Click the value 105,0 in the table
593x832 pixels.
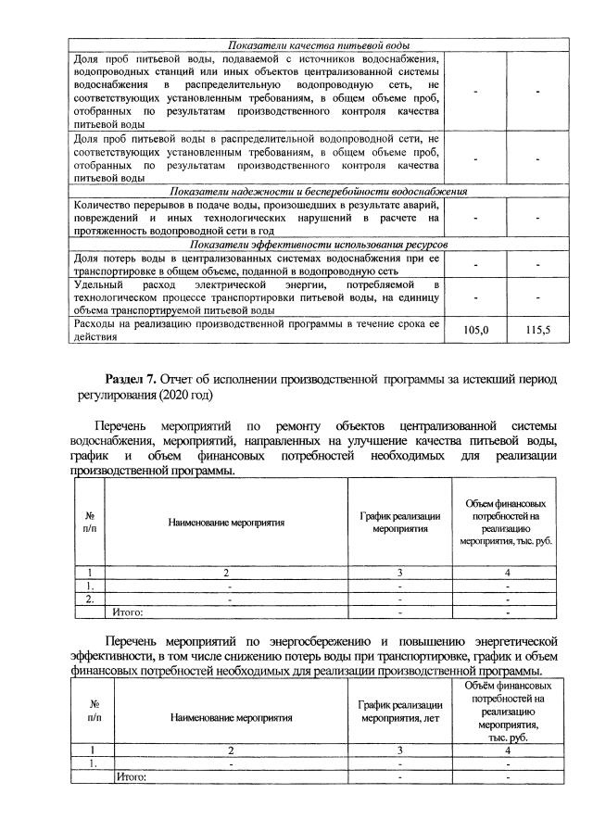click(x=475, y=330)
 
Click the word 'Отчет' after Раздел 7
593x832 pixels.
click(x=180, y=379)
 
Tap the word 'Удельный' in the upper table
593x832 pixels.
click(x=97, y=284)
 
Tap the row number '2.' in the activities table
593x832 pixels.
click(x=89, y=599)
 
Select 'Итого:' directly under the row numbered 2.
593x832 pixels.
click(x=128, y=611)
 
